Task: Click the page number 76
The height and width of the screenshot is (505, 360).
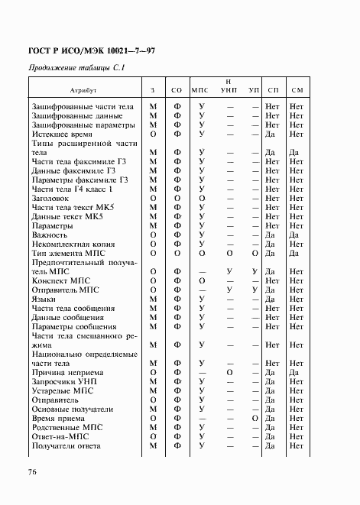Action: tap(32, 472)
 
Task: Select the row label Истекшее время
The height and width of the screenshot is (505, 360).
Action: tap(61, 134)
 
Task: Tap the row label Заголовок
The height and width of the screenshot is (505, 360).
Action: tap(52, 198)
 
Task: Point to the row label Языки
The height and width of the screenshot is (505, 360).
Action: tap(44, 299)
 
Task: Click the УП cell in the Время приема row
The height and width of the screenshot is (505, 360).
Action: tap(254, 419)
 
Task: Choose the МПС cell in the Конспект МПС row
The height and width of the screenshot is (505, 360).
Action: tap(202, 281)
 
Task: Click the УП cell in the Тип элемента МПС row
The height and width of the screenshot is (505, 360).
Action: tap(254, 253)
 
